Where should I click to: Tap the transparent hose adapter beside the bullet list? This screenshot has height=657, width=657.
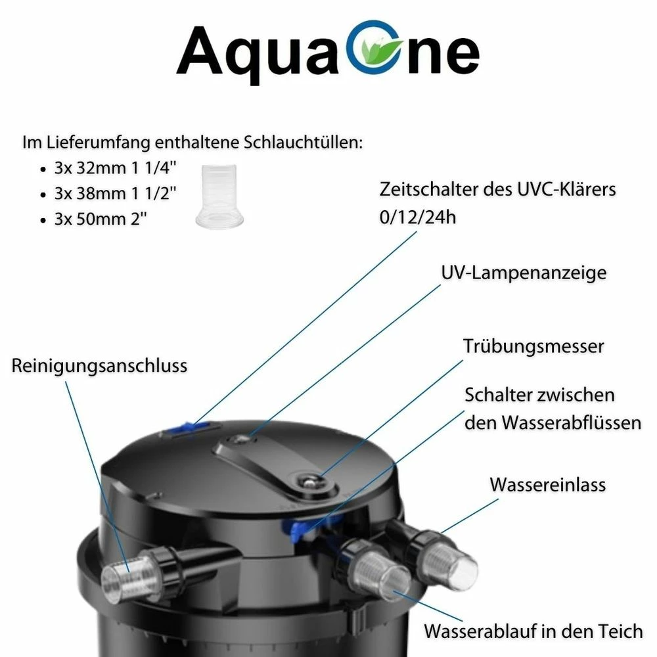point(219,196)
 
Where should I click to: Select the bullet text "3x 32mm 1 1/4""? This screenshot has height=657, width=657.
point(115,168)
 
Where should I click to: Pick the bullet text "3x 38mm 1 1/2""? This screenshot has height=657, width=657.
point(115,194)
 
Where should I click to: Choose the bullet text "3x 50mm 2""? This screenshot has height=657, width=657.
point(101,219)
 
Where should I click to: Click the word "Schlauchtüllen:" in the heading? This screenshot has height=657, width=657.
point(303,143)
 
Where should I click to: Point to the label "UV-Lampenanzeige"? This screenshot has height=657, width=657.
point(524,273)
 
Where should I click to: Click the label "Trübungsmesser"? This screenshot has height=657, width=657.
point(533,346)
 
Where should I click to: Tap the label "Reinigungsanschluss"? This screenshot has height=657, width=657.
point(99,366)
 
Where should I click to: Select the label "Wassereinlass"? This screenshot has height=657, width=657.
point(548,485)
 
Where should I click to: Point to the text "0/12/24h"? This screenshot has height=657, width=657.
point(418,217)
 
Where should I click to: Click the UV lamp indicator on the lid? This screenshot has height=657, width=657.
point(238,440)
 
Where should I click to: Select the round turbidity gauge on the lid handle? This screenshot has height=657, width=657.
point(308,481)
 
